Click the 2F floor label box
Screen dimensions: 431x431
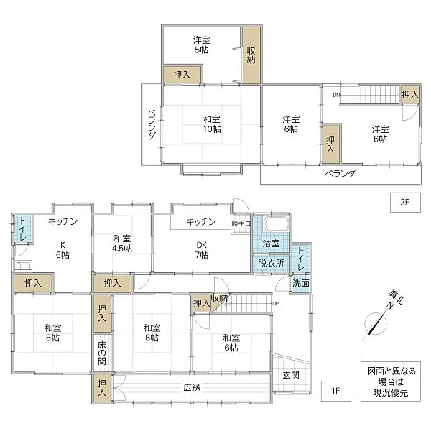pos(404,202)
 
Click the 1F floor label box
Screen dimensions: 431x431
pos(335,391)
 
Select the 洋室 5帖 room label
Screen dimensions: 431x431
pos(201,46)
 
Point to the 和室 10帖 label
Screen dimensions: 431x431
pos(211,124)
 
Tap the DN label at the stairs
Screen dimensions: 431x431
pos(336,95)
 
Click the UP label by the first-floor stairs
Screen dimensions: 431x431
pos(275,303)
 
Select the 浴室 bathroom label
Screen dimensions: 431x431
pos(271,244)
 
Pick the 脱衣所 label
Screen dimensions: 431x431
pos(271,264)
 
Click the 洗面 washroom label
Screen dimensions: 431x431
pos(301,283)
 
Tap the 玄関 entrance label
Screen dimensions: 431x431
pos(290,374)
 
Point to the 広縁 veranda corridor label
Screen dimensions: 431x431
pos(191,388)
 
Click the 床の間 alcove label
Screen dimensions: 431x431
pos(102,353)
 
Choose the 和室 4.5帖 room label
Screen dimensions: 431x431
pos(122,244)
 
